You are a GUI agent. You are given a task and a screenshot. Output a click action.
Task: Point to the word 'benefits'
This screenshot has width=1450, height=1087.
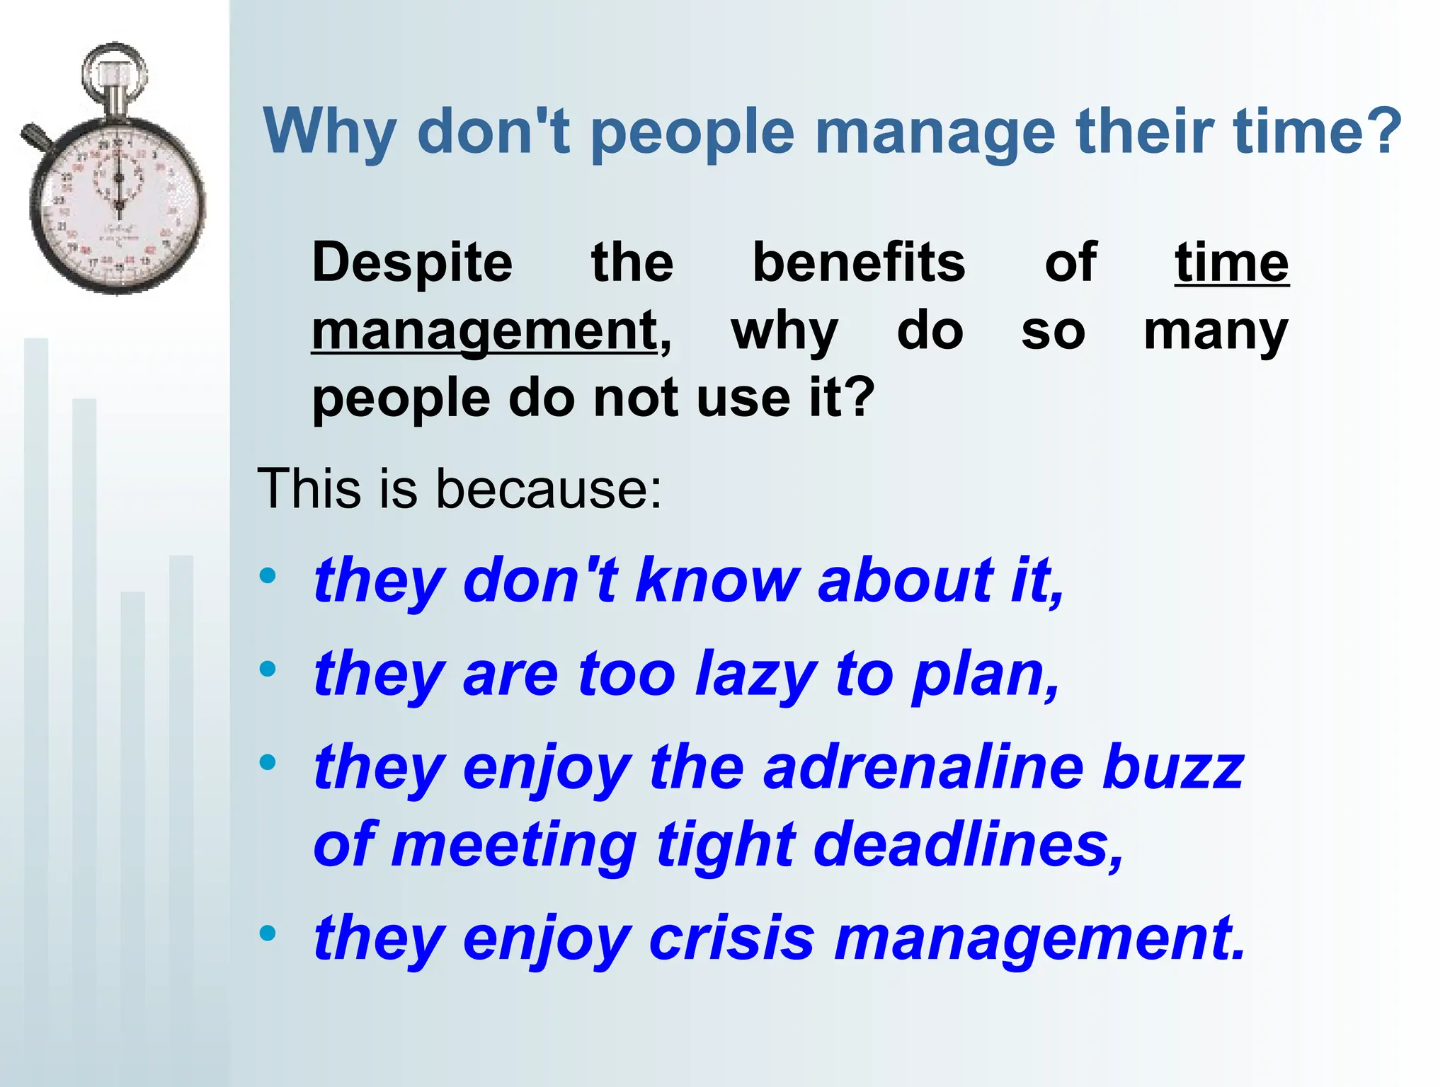[x=858, y=262]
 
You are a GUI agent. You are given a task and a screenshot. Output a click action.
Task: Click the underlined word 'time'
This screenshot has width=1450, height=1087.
[x=1231, y=262]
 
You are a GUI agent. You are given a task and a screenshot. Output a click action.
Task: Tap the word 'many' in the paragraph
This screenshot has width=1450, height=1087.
[x=1215, y=332]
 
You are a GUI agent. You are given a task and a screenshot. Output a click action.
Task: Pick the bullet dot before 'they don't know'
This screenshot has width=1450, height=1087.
[x=268, y=575]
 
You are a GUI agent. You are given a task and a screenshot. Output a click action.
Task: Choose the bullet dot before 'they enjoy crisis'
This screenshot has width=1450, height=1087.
[x=268, y=933]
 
